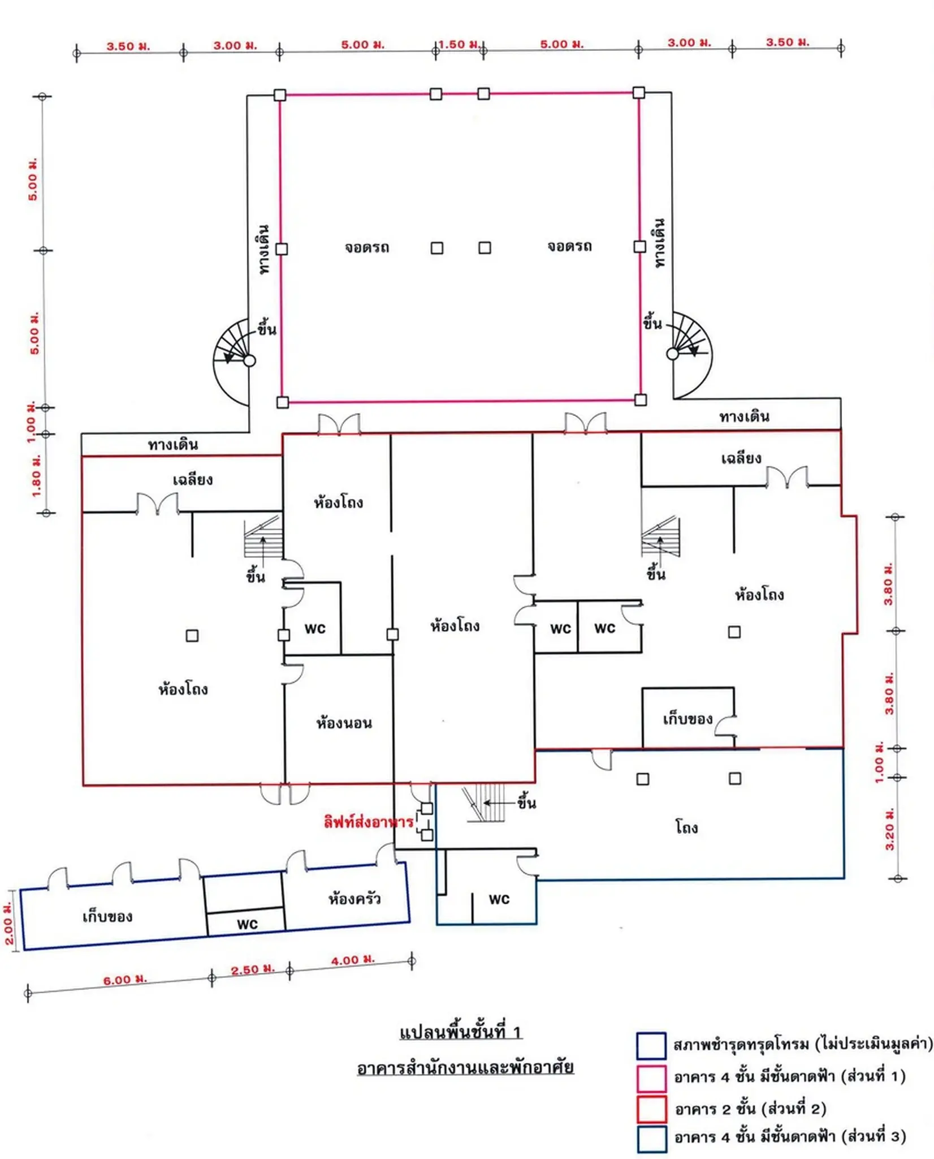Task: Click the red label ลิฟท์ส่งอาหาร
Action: (369, 821)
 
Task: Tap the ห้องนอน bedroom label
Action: (344, 723)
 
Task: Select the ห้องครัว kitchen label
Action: (354, 898)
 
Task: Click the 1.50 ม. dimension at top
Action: (460, 44)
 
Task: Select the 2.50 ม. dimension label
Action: (253, 969)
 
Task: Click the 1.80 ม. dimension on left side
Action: (36, 475)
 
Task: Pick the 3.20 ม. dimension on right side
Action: (889, 829)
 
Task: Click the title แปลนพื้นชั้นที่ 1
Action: (460, 1032)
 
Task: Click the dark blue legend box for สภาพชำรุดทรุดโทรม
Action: (651, 1046)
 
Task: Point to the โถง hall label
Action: (686, 827)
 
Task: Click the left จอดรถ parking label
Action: (367, 247)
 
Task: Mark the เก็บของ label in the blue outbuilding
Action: (107, 916)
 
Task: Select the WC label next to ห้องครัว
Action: (247, 924)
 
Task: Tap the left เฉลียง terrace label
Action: (193, 479)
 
